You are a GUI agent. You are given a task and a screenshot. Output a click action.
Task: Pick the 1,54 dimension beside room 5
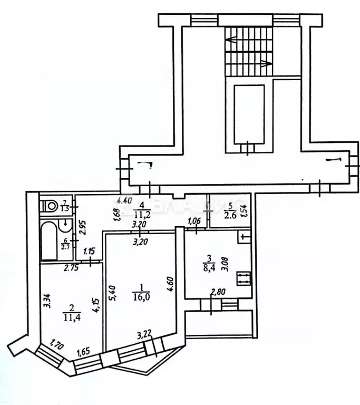pyautogui.click(x=244, y=211)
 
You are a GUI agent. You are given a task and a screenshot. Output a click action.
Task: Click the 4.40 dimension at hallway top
pyautogui.click(x=124, y=200)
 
